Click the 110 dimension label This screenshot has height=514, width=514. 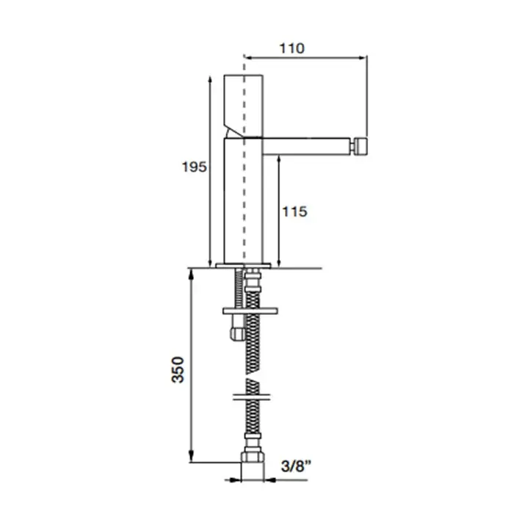click(292, 48)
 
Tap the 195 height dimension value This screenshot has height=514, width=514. click(195, 167)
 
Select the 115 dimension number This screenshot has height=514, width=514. click(294, 211)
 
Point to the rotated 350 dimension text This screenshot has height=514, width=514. click(178, 369)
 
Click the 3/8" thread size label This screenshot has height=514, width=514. click(296, 466)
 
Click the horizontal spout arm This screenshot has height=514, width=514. click(306, 146)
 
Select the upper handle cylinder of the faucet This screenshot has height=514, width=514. click(244, 106)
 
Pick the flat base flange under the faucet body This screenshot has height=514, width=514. click(243, 266)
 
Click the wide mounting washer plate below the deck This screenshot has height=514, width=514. click(250, 311)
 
